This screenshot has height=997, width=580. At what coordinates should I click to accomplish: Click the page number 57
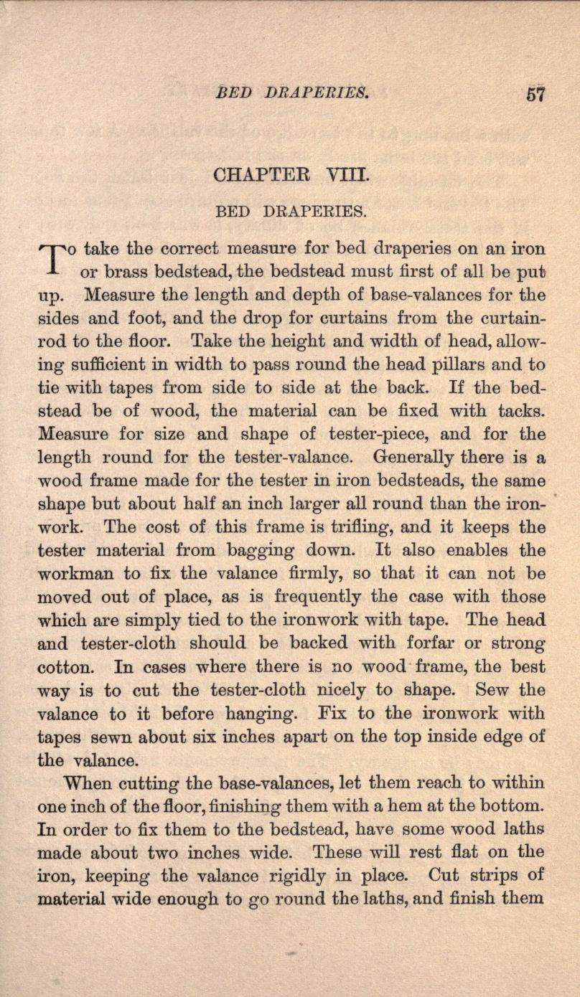(x=535, y=94)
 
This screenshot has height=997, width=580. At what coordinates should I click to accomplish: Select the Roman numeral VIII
(x=347, y=174)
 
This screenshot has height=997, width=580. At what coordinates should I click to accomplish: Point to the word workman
(x=80, y=573)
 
